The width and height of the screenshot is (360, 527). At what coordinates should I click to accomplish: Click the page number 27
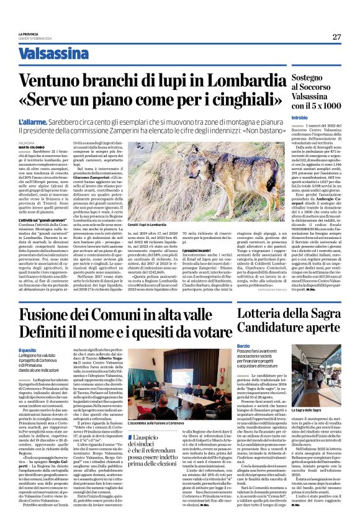336,37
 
